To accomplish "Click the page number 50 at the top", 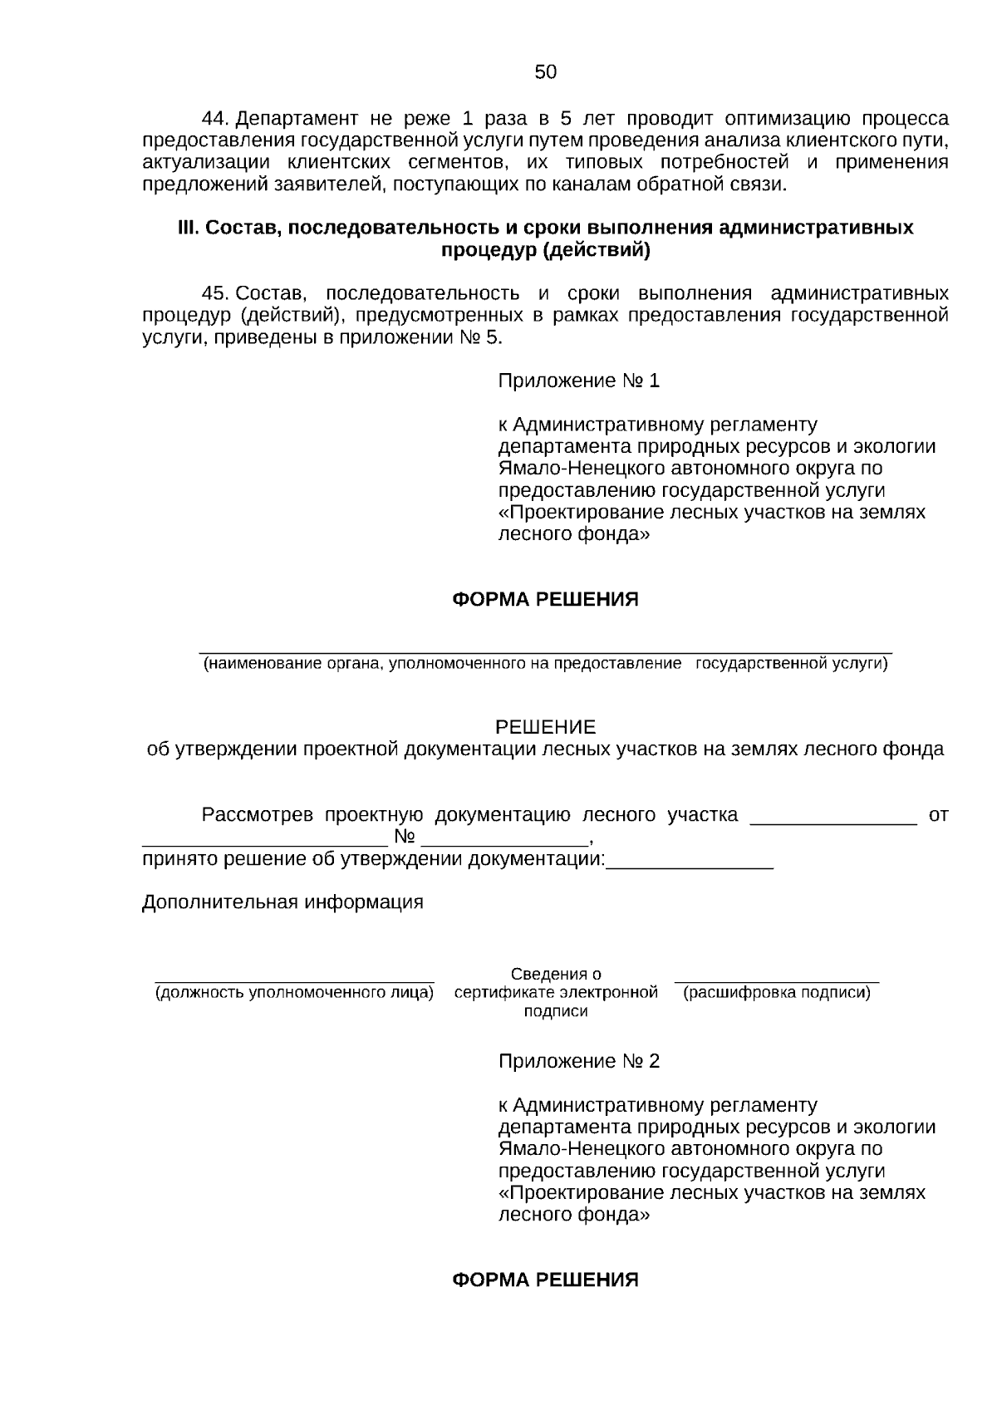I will pyautogui.click(x=545, y=72).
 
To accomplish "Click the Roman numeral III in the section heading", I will pyautogui.click(x=187, y=228).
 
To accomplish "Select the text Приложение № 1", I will pyautogui.click(x=578, y=381).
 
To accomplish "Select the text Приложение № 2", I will pyautogui.click(x=578, y=1062).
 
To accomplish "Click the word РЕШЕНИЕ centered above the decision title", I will pyautogui.click(x=545, y=728).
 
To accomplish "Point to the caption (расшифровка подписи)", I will pyautogui.click(x=776, y=993).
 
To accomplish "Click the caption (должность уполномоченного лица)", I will pyautogui.click(x=294, y=993).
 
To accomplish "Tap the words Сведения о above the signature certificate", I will pyautogui.click(x=556, y=974).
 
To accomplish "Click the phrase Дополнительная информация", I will pyautogui.click(x=282, y=902).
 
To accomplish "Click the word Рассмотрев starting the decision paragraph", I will pyautogui.click(x=257, y=815).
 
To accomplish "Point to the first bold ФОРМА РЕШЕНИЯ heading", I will pyautogui.click(x=545, y=600).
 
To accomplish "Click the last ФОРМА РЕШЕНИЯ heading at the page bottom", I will pyautogui.click(x=545, y=1280).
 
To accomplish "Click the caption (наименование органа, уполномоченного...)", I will pyautogui.click(x=545, y=664).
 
